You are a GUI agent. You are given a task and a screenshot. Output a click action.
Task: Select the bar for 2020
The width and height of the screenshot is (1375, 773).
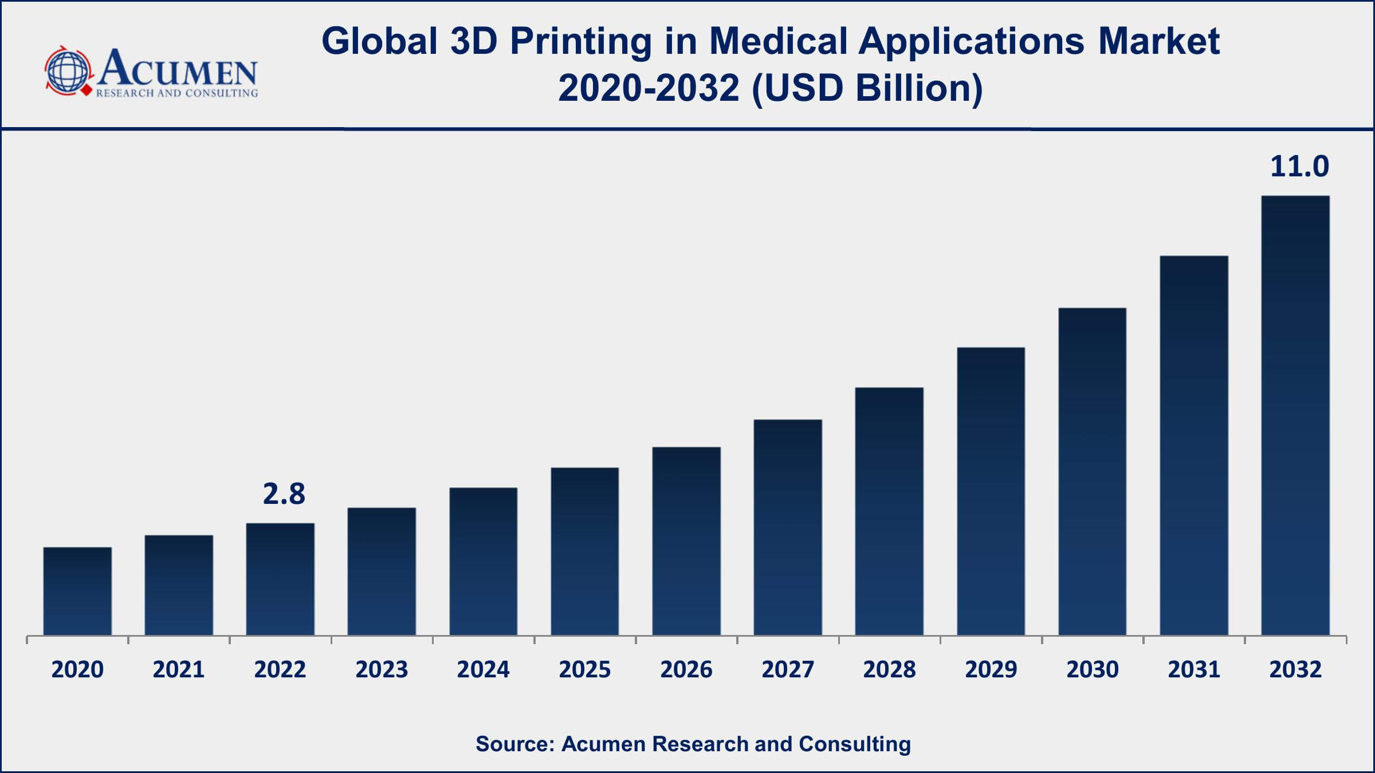pos(77,591)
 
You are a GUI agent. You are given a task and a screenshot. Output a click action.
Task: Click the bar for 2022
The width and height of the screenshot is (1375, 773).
pos(280,579)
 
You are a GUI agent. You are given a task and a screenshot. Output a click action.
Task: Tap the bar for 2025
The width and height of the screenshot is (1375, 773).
pos(584,551)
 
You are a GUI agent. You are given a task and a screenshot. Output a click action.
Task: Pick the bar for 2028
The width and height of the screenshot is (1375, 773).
pos(889,511)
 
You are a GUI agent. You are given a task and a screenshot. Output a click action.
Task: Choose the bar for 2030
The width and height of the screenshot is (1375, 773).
pos(1092,471)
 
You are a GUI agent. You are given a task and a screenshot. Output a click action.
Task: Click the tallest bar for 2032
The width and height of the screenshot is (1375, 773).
pos(1295,415)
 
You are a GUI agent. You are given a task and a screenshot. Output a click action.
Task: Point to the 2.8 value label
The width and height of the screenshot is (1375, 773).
pos(284,494)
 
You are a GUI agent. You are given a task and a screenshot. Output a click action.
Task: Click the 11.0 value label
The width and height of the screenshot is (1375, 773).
pos(1299,167)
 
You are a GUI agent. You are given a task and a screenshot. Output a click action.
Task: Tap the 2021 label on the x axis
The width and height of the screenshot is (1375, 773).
pos(179,669)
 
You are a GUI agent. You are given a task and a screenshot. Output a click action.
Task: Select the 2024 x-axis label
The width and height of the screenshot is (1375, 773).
pos(483,669)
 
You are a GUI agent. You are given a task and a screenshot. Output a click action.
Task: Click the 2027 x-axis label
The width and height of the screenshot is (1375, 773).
pos(788,669)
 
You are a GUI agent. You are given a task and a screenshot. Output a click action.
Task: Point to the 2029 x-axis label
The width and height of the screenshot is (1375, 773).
pos(991,669)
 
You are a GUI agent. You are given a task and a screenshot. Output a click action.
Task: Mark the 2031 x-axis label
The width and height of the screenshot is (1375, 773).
pos(1194,669)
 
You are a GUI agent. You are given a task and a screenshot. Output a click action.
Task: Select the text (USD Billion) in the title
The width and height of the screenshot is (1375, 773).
pos(867,89)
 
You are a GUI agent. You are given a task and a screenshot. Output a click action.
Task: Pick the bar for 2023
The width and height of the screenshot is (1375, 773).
pos(382,571)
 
